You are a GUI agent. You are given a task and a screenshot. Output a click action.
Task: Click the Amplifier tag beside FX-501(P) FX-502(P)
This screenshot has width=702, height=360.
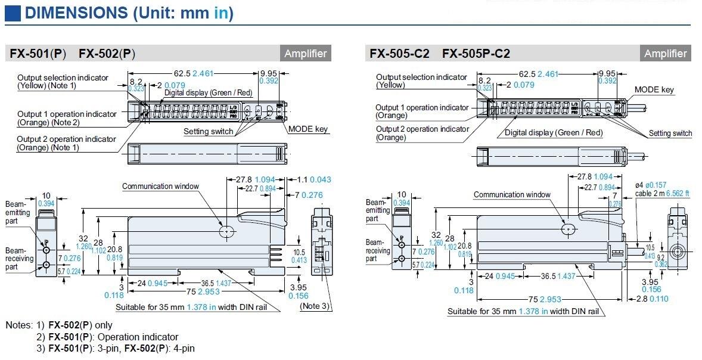coord(306,54)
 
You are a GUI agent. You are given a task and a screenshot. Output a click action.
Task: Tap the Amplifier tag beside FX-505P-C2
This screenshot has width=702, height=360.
coord(665,54)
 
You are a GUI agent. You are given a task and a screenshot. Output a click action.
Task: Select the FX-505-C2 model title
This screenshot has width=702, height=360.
coord(399,54)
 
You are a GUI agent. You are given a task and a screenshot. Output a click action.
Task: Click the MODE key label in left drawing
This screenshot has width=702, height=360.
coord(307,129)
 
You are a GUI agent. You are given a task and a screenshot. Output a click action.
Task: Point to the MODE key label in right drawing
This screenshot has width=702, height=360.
coord(654,89)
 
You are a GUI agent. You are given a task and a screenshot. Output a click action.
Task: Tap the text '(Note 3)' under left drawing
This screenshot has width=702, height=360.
coord(314,306)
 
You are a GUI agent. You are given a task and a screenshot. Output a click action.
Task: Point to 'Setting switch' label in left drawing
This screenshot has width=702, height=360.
coord(208,131)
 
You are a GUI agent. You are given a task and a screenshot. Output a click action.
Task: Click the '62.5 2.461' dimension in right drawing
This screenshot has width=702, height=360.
coord(539,74)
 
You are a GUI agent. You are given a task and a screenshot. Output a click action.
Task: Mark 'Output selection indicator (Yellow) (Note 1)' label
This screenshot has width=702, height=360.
coord(63,82)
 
